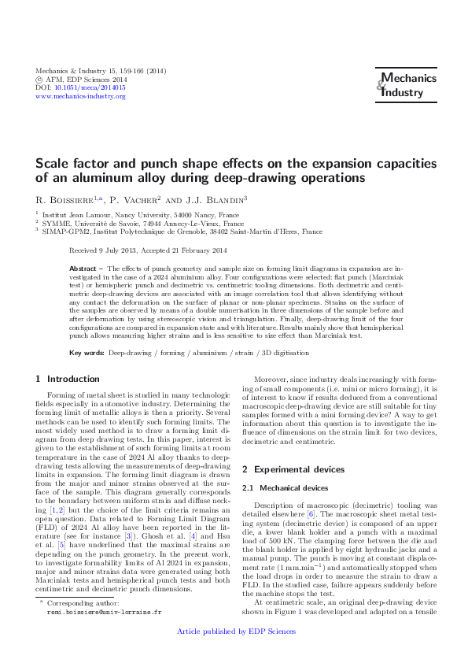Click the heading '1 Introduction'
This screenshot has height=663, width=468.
click(68, 379)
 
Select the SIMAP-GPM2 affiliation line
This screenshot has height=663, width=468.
click(182, 232)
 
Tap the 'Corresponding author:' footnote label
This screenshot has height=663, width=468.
click(82, 602)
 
